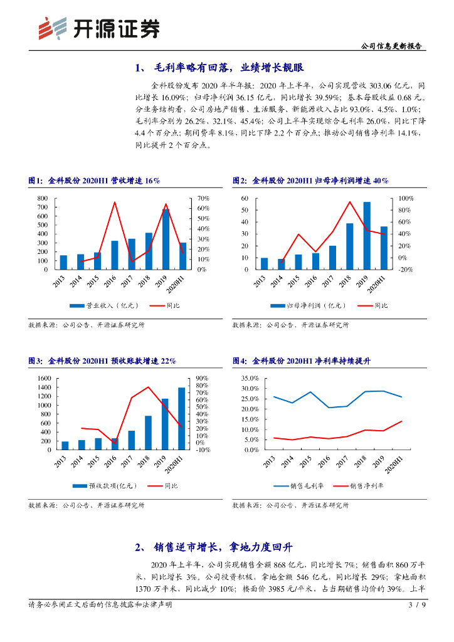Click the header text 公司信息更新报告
pyautogui.click(x=392, y=46)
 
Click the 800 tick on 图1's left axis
pyautogui.click(x=43, y=198)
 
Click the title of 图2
pyautogui.click(x=310, y=181)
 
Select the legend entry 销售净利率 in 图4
pyautogui.click(x=367, y=486)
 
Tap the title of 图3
pyautogui.click(x=102, y=361)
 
